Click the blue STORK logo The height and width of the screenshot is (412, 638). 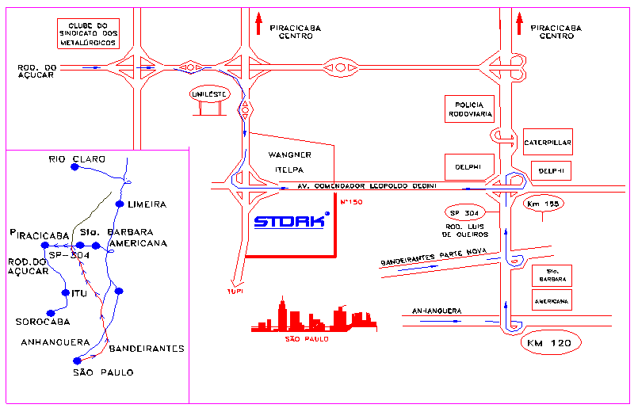pos(290,222)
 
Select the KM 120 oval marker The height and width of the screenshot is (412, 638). pos(550,343)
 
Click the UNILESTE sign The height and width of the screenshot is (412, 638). pos(209,94)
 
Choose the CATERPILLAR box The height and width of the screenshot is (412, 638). pos(547,143)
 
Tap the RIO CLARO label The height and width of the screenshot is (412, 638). pos(77,159)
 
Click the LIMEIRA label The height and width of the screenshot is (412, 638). pos(147,204)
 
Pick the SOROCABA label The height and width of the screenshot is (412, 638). pos(43,322)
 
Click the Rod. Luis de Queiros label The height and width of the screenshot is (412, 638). pos(464,231)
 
